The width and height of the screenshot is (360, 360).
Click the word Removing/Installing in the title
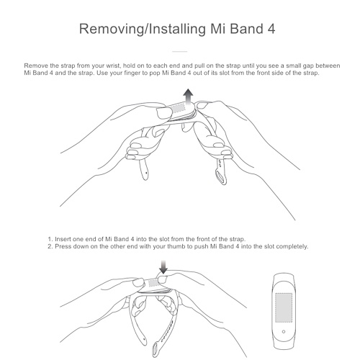point(143,30)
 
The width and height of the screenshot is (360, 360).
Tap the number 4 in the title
point(271,29)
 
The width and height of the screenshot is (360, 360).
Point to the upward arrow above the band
point(189,97)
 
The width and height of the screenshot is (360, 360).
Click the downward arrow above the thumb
point(163,266)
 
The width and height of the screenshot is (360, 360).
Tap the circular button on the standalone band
point(284,331)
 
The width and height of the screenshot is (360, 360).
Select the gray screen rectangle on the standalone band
point(284,307)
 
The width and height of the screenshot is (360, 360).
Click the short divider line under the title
point(180,51)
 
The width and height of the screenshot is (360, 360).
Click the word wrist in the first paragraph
point(113,66)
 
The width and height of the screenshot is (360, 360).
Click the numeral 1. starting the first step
point(50,239)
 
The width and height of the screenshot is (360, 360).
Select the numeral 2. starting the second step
point(50,246)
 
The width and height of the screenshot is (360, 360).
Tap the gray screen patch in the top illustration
point(179,108)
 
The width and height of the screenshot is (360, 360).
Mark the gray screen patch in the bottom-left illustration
point(153,283)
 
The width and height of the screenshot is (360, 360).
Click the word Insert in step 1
point(63,239)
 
